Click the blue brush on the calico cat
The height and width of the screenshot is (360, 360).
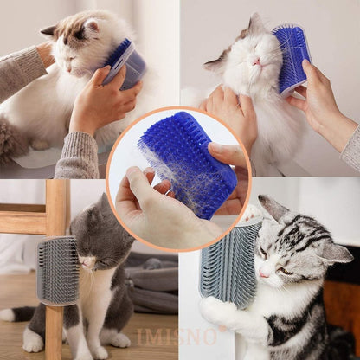pos(125,61)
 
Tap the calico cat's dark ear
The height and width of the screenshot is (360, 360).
pos(49,32)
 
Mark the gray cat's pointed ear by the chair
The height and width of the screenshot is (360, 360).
pos(103,206)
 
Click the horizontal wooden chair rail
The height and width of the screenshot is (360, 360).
pos(22,222)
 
